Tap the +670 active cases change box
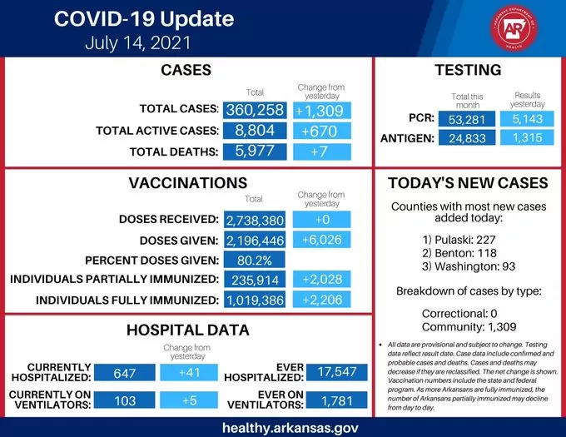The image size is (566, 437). point(322,131)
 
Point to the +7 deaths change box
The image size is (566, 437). point(322,151)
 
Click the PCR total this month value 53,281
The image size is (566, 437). point(467,121)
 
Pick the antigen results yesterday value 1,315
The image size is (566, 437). point(528,138)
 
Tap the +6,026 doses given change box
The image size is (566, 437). point(322,240)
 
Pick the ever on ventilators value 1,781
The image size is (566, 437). point(336,401)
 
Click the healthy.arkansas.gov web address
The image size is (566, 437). point(283,426)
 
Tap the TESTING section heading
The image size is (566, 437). point(468,70)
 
